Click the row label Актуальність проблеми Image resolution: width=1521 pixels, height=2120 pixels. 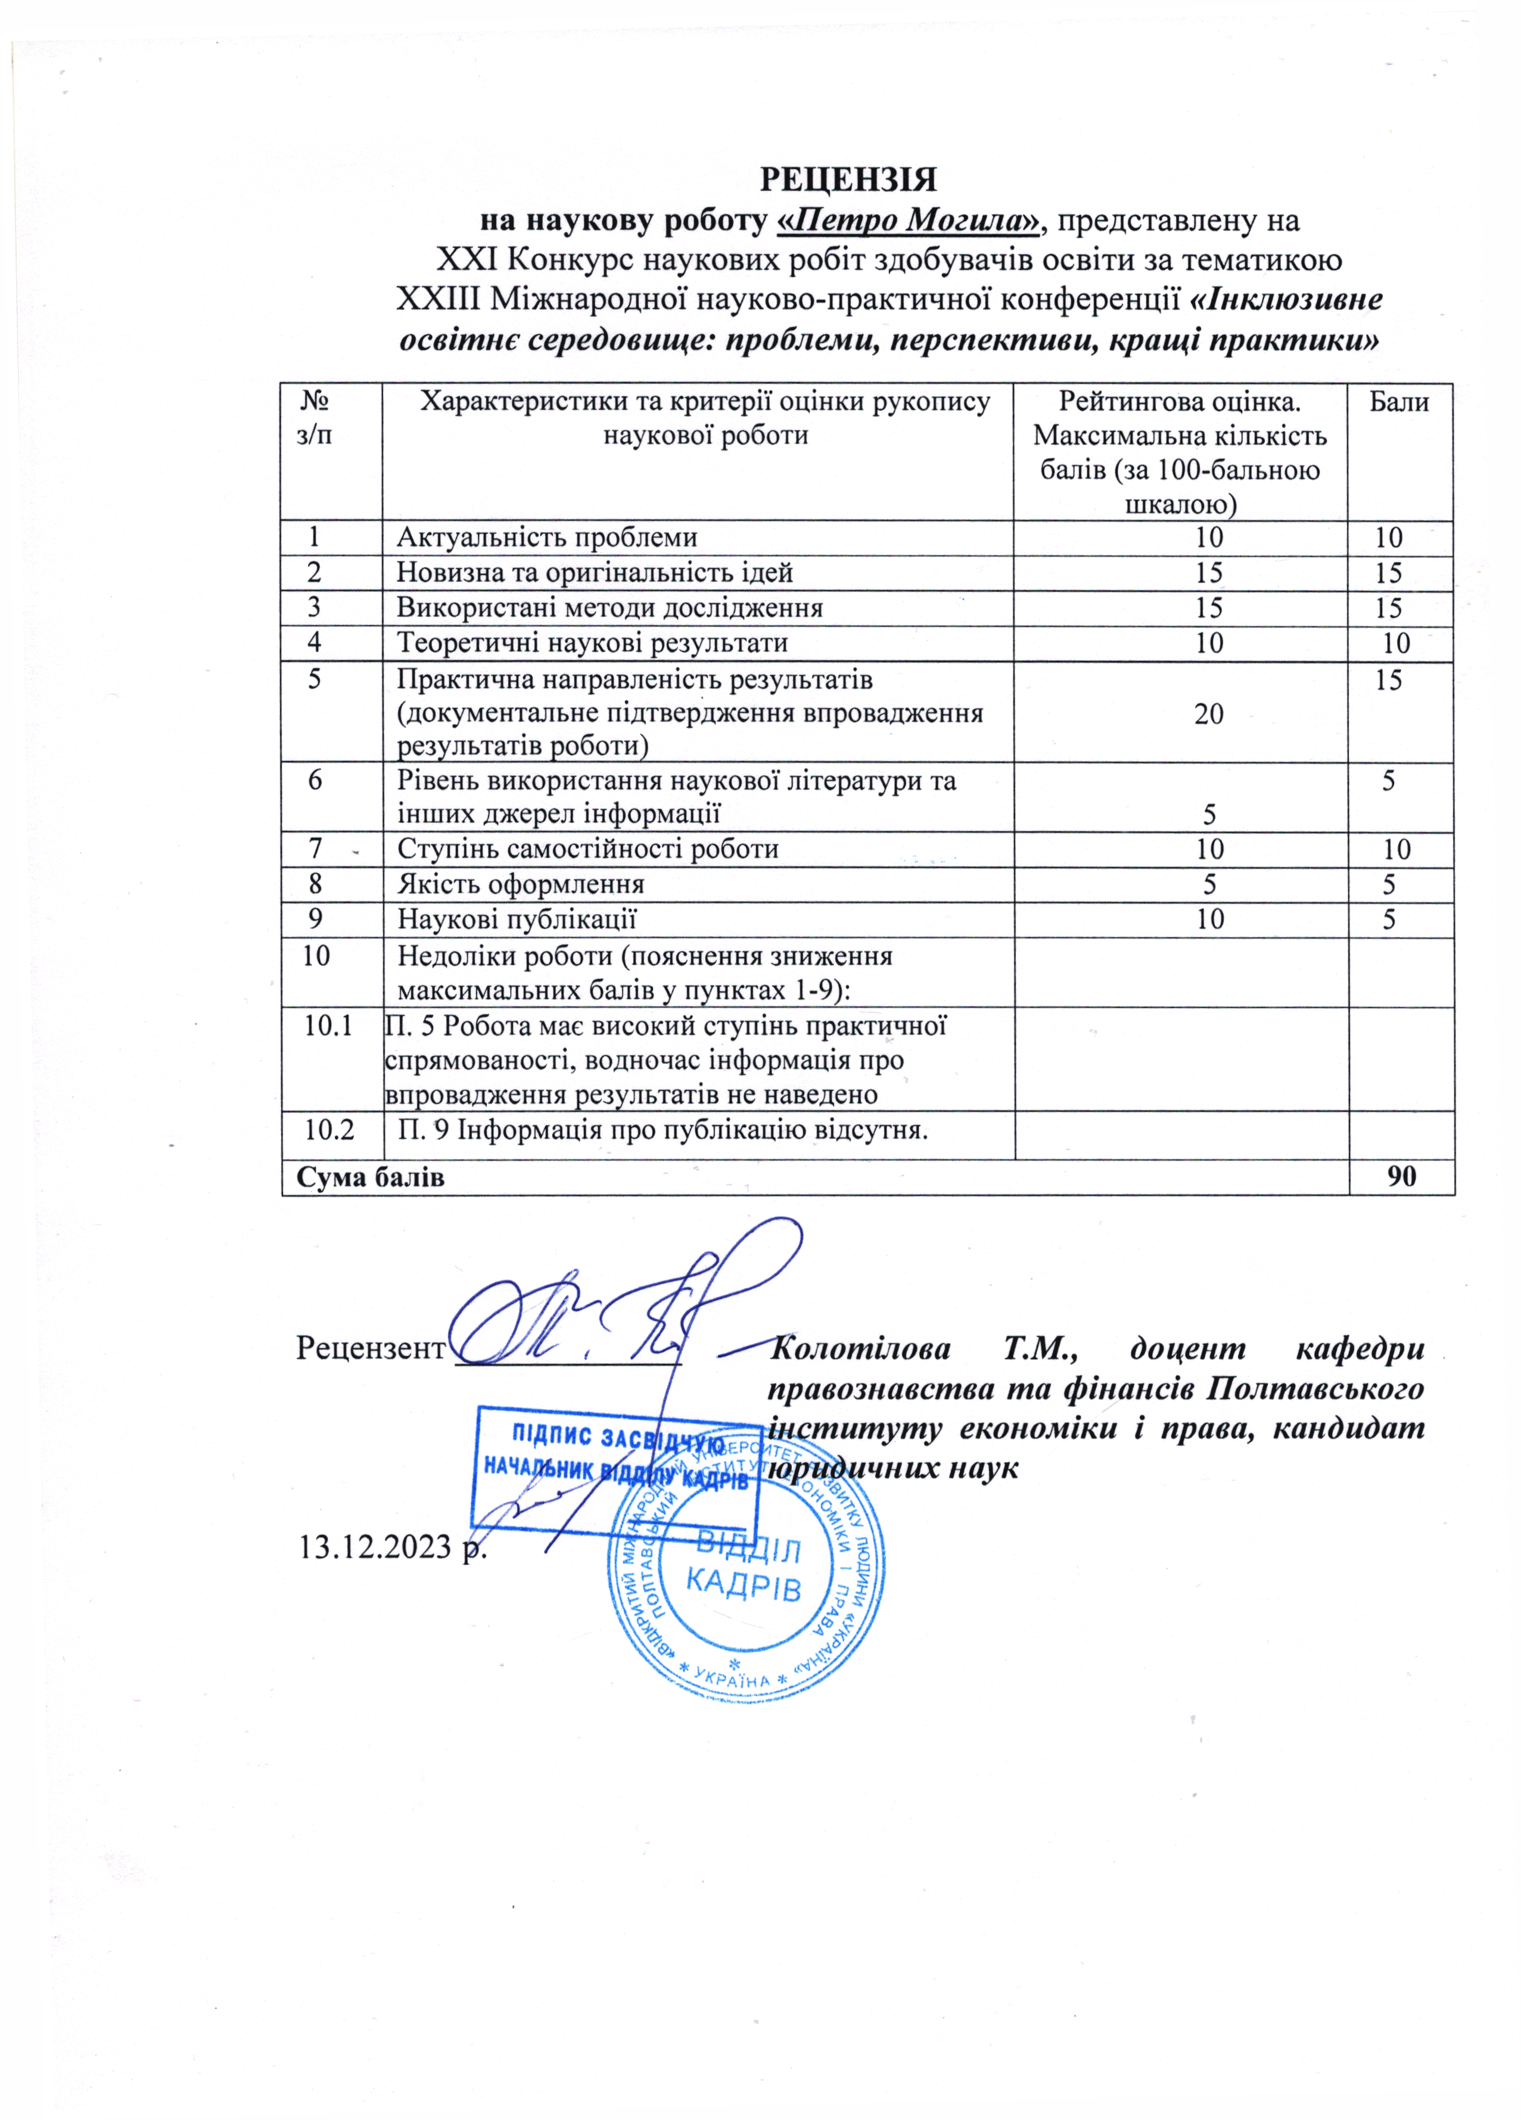547,537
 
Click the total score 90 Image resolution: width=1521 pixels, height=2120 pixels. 1401,1176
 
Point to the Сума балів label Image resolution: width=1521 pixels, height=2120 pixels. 370,1177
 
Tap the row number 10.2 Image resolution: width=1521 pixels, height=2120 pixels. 329,1129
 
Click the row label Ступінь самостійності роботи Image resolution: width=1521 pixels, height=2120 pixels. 587,848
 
